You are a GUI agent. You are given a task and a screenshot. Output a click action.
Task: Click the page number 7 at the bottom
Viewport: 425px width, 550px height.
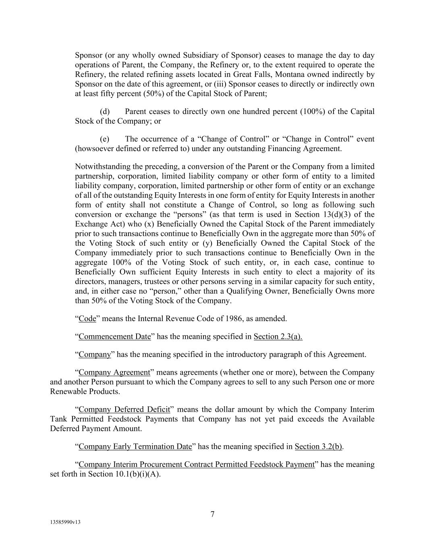pos(212,514)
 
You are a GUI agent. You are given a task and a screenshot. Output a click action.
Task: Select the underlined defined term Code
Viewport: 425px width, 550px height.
pos(87,319)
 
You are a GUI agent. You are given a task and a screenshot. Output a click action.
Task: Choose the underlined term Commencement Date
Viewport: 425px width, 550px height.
pos(114,336)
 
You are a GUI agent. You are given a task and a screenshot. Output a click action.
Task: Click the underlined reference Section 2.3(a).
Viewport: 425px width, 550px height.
pos(278,336)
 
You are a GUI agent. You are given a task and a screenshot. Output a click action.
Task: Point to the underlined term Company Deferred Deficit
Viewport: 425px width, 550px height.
pos(124,410)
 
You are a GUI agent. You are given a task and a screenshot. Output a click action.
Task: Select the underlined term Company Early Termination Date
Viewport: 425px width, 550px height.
pos(135,446)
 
